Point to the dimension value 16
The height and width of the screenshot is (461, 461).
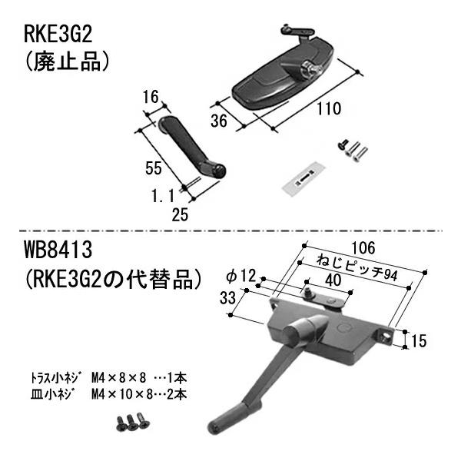[151, 97]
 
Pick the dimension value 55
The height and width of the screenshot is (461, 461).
[152, 168]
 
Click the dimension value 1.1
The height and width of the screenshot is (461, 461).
[163, 197]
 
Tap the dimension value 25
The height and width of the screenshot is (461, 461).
[181, 216]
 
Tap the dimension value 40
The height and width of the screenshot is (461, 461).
[333, 281]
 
